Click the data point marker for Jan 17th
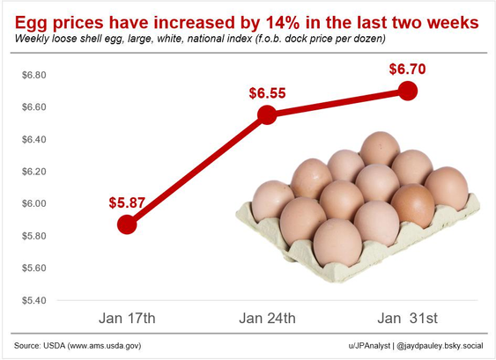(x=127, y=224)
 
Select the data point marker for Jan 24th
(x=267, y=114)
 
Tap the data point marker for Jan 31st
(x=407, y=91)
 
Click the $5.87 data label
(x=127, y=202)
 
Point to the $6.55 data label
(x=267, y=93)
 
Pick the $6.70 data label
(x=407, y=69)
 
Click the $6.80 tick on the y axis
(x=33, y=75)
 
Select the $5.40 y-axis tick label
(x=33, y=300)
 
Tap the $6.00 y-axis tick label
(x=33, y=203)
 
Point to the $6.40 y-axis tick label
(x=33, y=139)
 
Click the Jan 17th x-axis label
(x=127, y=319)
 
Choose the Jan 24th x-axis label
(x=267, y=319)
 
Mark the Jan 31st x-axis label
(x=407, y=319)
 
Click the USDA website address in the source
(x=104, y=346)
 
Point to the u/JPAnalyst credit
(x=369, y=346)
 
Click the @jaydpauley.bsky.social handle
(x=440, y=346)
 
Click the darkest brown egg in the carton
(x=412, y=206)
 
